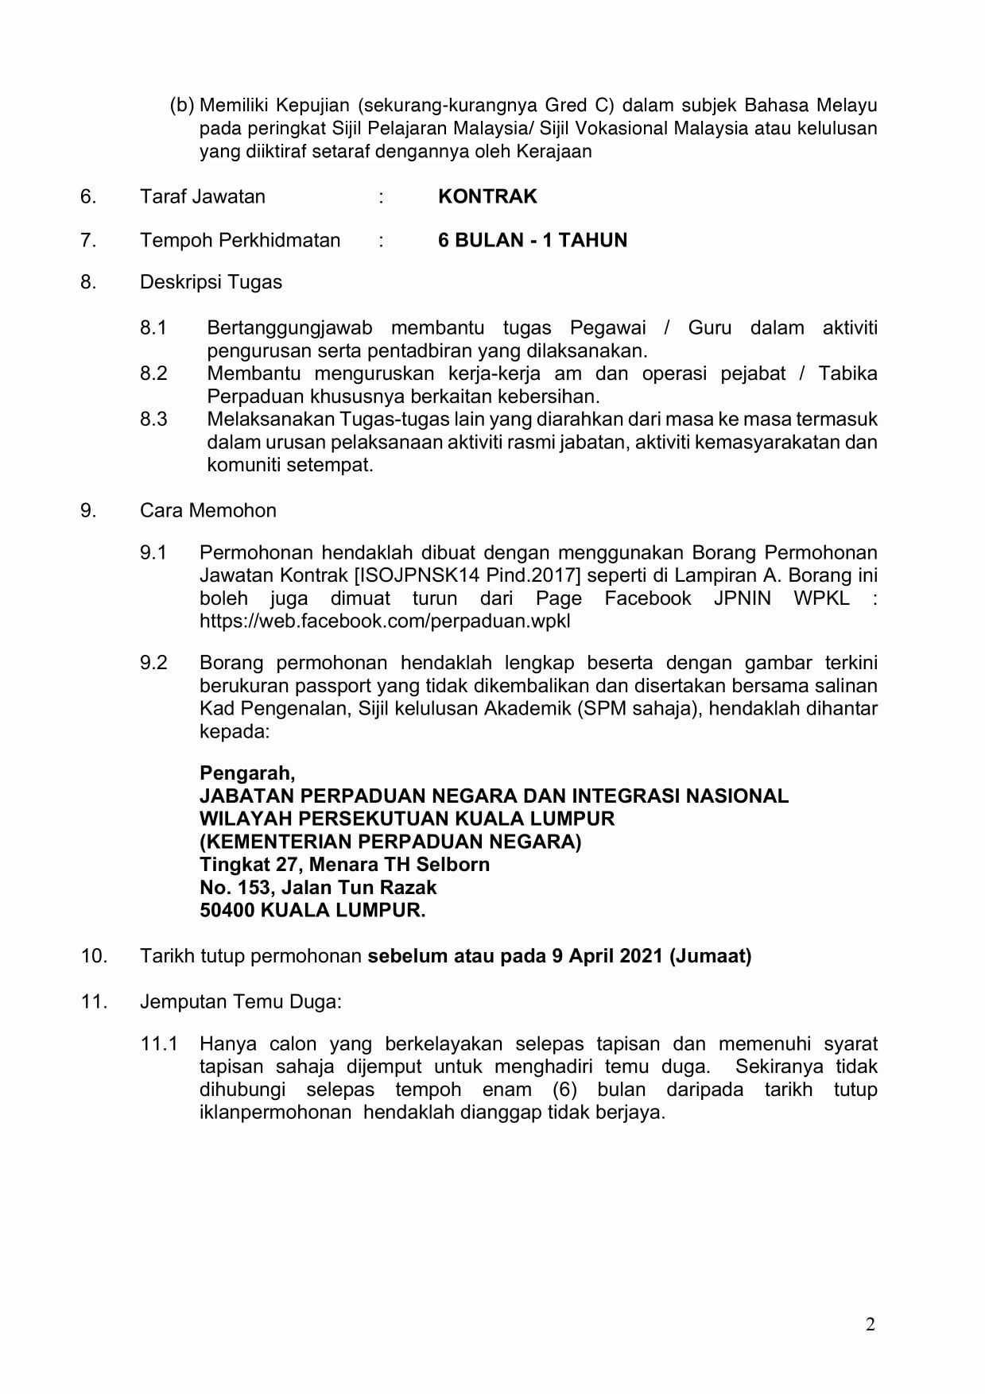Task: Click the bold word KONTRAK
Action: pos(487,196)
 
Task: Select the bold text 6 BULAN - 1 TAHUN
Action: pos(532,240)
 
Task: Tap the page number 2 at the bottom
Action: pos(870,1324)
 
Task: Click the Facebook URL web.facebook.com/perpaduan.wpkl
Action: pos(385,621)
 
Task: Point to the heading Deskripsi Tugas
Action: pos(211,282)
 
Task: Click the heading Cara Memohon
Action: pos(207,510)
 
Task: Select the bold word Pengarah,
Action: pos(247,773)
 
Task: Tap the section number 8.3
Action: pos(153,419)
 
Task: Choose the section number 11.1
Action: pos(159,1044)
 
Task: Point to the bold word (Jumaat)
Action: pos(710,955)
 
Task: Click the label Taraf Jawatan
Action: pos(202,196)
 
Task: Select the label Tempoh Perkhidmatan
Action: pos(240,240)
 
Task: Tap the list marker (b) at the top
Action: pos(182,105)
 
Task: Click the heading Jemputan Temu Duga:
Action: pos(240,1001)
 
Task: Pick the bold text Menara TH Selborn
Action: pos(399,864)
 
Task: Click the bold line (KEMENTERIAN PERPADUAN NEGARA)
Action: pos(390,841)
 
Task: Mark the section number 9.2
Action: pos(153,662)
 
